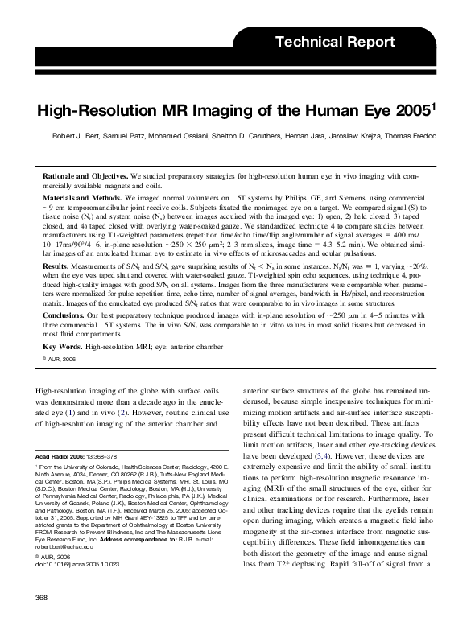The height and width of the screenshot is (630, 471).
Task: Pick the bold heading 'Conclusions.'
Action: click(68, 316)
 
